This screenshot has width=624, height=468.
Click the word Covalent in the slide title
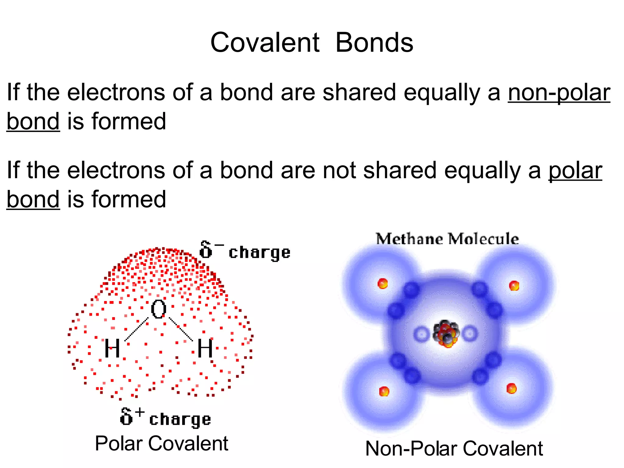(x=265, y=43)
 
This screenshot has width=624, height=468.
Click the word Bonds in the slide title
(x=374, y=43)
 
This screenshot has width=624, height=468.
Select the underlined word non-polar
(x=559, y=93)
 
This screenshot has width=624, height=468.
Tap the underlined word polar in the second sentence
(x=575, y=171)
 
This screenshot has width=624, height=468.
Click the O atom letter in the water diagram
(x=158, y=309)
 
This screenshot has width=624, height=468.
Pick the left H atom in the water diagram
(x=112, y=349)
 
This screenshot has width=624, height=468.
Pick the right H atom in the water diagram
(x=205, y=348)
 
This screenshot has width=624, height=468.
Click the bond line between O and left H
(x=136, y=329)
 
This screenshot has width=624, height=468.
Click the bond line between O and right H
(x=181, y=329)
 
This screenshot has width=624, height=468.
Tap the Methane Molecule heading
(x=447, y=239)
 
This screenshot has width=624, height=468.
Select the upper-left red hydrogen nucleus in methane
(x=382, y=284)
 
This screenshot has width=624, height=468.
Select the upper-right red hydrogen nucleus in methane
(x=514, y=285)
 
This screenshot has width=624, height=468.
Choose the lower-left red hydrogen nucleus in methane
(x=384, y=391)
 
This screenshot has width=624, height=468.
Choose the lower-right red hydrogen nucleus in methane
(x=511, y=388)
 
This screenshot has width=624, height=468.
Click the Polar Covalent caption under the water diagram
(x=161, y=444)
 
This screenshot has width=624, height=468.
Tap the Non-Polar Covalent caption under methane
(x=454, y=449)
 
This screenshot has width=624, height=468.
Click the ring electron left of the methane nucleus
(x=422, y=335)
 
